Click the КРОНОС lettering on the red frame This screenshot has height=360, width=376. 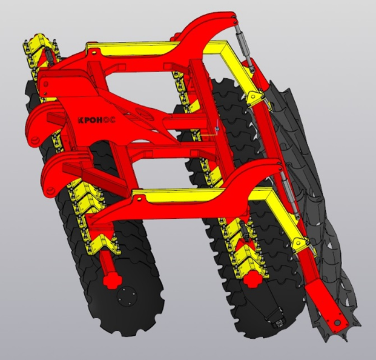[x=97, y=119]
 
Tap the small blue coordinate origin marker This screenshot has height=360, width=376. [x=217, y=129]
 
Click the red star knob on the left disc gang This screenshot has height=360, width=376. [x=112, y=281]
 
